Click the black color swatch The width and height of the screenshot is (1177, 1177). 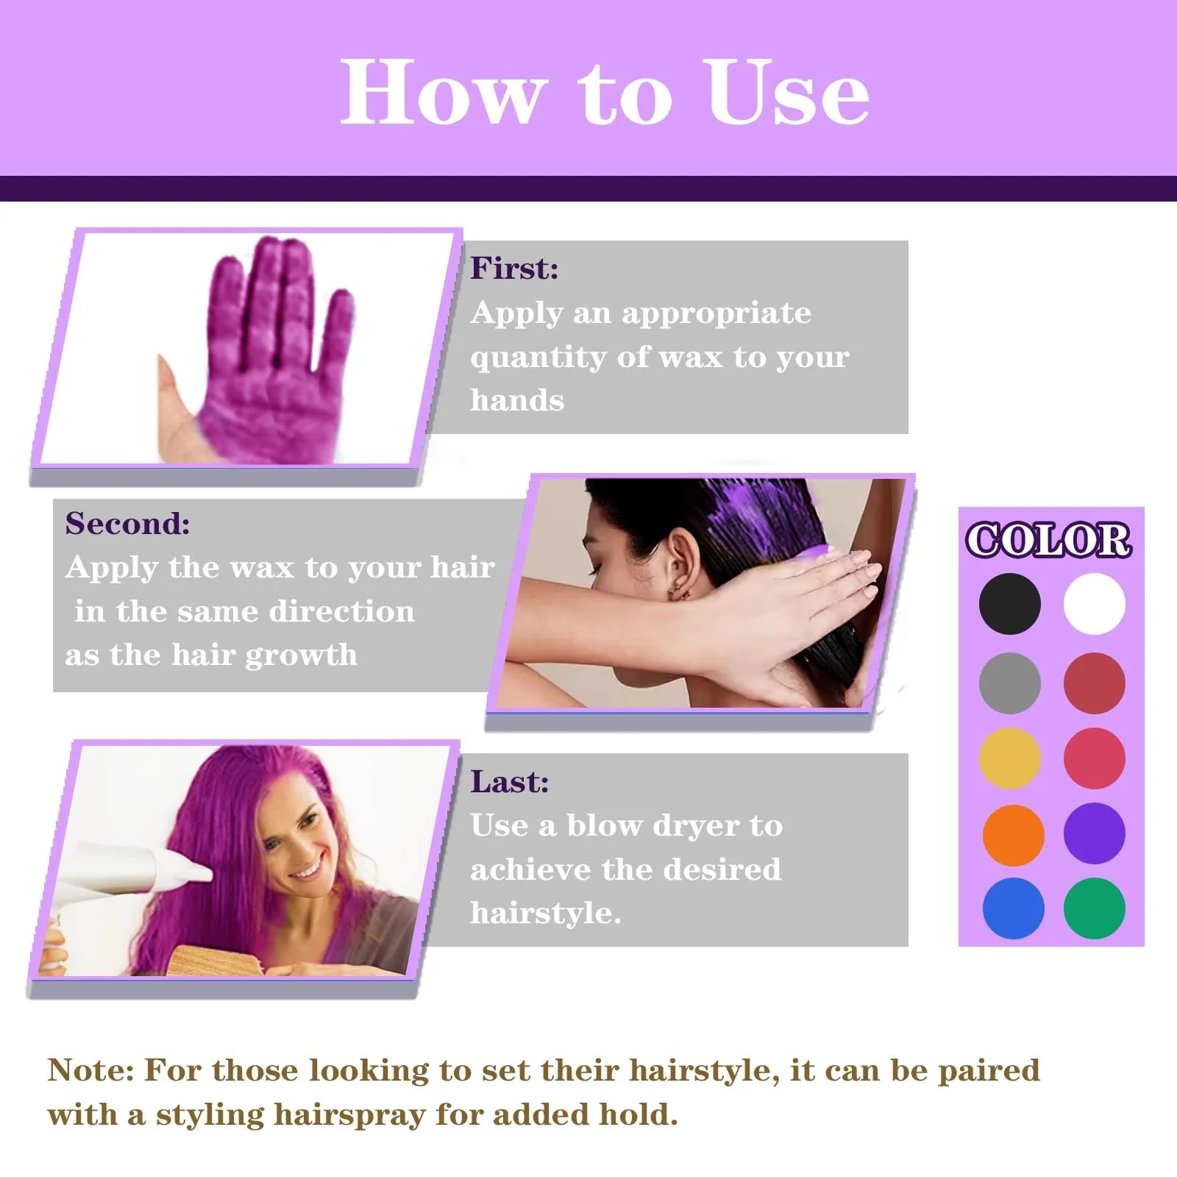1009,604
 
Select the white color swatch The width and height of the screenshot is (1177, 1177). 1094,604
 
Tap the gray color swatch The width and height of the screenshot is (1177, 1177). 1009,683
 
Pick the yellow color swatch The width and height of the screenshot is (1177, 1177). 1009,758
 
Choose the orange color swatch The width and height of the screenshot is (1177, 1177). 1013,834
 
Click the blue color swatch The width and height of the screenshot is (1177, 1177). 1013,908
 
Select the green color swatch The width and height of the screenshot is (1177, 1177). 1094,908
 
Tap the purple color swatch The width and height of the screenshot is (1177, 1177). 1094,833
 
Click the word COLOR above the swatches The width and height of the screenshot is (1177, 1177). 1048,540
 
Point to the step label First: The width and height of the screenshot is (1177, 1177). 514,268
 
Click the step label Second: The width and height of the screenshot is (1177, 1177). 127,523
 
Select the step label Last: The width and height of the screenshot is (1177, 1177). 509,781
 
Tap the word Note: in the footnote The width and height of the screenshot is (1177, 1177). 90,1070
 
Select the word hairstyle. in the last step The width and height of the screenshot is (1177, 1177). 546,914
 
